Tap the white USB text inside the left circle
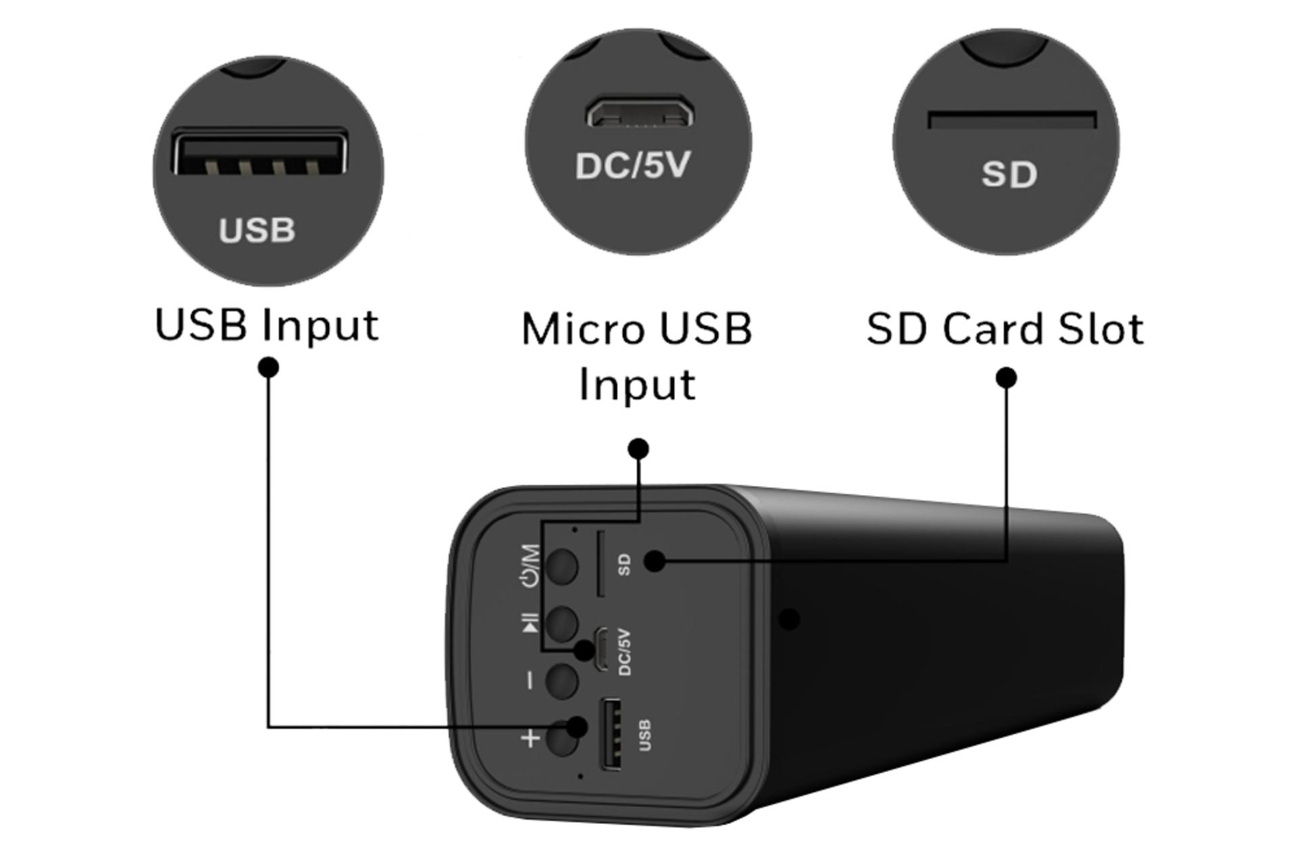point(257,230)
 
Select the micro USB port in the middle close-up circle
point(638,113)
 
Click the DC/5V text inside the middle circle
point(633,165)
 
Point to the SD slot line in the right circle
point(1011,120)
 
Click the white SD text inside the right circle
point(1009,174)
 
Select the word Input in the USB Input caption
point(320,325)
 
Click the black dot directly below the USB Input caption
point(269,367)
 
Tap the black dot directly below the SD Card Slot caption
point(1007,377)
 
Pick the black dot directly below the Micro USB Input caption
point(638,448)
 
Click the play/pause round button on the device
point(561,623)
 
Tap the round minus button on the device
point(561,680)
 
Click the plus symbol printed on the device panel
point(531,738)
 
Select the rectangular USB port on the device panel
point(611,734)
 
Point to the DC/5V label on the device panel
point(624,652)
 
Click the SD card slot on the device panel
point(599,564)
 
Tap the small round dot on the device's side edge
point(789,619)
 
